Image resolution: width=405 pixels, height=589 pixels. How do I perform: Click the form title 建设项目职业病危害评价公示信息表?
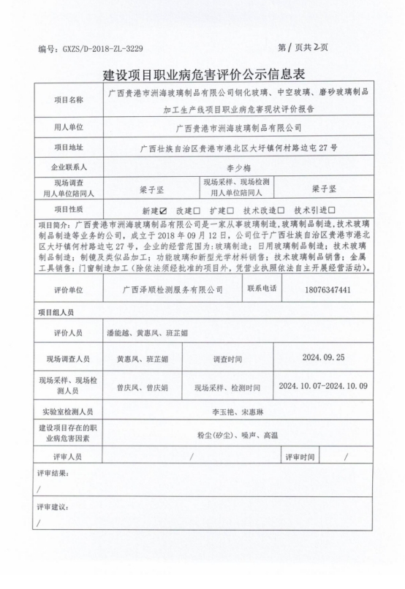[x=202, y=75]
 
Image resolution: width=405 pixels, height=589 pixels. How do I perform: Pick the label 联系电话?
[x=262, y=289]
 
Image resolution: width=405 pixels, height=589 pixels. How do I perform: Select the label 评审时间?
[x=300, y=457]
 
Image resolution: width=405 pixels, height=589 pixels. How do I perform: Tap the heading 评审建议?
[x=53, y=506]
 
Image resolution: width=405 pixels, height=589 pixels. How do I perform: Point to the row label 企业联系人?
[x=69, y=167]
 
